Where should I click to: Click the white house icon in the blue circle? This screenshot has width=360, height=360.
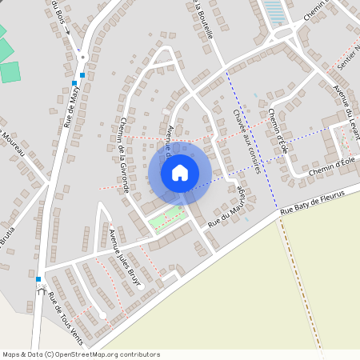pyautogui.click(x=180, y=172)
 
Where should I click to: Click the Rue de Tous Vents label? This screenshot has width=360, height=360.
pyautogui.click(x=66, y=313)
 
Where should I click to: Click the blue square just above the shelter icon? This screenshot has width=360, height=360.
pyautogui.click(x=38, y=279)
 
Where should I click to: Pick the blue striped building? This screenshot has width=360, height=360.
pyautogui.click(x=274, y=11)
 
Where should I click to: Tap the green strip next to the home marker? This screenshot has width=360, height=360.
pyautogui.click(x=166, y=218)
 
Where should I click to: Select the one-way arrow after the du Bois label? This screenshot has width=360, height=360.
pyautogui.click(x=68, y=33)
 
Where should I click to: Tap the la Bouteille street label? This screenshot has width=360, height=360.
pyautogui.click(x=203, y=21)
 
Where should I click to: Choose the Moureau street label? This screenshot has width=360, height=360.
pyautogui.click(x=15, y=142)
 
